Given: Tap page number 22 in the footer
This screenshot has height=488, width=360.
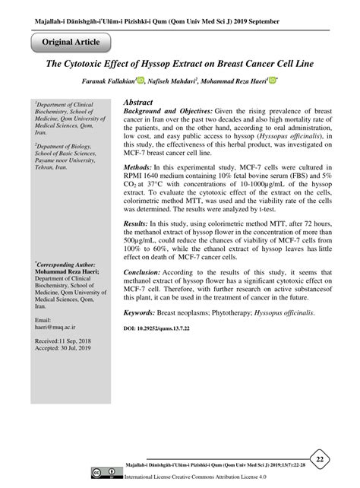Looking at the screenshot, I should pos(321,460).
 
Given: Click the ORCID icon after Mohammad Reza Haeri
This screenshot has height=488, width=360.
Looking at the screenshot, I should pos(273,81).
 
